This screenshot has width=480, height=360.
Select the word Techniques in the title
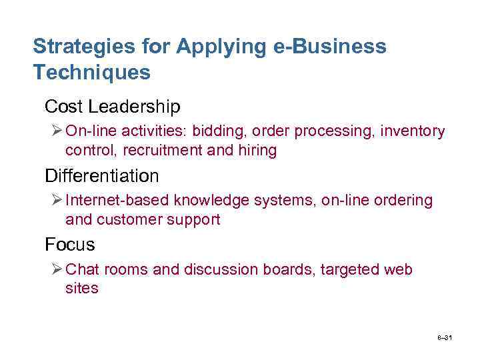coord(92,72)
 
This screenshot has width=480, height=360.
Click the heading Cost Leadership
coord(112,106)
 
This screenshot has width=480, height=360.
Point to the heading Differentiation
coord(102,175)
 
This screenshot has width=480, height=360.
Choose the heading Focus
coord(70,245)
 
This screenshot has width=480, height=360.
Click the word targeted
coord(350,269)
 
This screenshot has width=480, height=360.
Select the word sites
coord(81,289)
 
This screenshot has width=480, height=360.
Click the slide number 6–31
coord(445,339)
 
